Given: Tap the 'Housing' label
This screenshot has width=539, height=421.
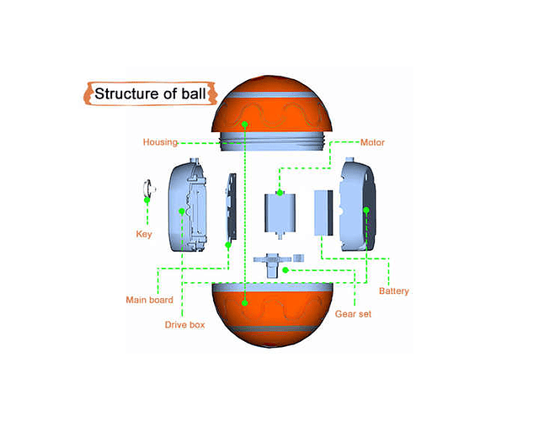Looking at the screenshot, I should (159, 142).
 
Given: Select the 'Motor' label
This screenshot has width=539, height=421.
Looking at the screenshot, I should (372, 142).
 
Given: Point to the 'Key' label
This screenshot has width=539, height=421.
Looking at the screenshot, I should (144, 234).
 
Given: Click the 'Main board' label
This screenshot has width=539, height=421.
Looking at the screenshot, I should (149, 299).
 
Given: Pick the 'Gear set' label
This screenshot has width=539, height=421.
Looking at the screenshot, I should (354, 313).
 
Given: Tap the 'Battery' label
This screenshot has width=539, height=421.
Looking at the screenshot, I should (393, 291).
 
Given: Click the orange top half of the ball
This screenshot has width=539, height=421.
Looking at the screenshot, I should (269, 105).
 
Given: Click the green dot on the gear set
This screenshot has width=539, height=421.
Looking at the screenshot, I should (286, 270).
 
